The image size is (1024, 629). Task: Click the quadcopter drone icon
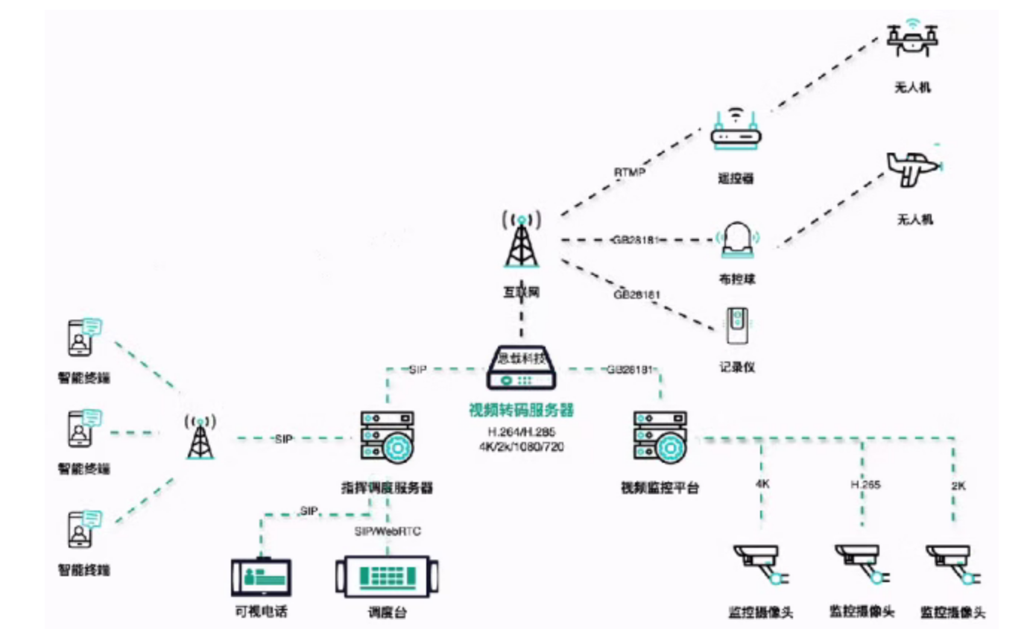pos(912,39)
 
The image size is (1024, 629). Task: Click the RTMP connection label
pos(629,172)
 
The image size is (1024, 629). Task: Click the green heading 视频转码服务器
pos(521,411)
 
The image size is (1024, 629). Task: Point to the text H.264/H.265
pos(521,432)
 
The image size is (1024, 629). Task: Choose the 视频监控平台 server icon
pos(659,440)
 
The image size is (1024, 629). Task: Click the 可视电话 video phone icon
pos(260,576)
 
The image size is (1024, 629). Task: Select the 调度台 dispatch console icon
pos(387,576)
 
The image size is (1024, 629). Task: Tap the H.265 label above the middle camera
pos(865,484)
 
